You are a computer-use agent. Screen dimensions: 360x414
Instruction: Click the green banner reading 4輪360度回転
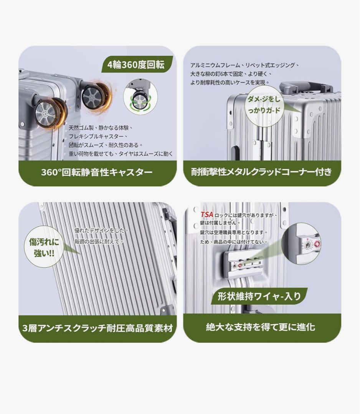pos(137,64)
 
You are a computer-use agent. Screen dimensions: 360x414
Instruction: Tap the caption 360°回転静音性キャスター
pos(97,172)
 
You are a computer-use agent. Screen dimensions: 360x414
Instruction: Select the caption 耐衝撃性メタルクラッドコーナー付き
pos(261,172)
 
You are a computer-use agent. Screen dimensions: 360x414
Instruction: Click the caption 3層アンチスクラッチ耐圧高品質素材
pos(97,328)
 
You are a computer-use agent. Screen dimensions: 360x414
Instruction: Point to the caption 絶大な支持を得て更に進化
pos(260,327)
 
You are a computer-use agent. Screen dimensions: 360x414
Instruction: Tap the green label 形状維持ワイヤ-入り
pos(259,296)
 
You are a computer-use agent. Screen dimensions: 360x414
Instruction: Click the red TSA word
pos(207,215)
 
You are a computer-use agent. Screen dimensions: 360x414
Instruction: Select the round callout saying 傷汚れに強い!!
pos(44,248)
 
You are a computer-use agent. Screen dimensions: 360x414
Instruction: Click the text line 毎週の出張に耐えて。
pos(99,242)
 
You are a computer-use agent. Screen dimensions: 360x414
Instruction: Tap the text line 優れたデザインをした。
pos(101,230)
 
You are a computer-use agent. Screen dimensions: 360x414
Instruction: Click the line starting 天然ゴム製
pos(101,128)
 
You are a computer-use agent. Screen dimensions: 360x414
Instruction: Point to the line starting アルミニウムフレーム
pos(244,65)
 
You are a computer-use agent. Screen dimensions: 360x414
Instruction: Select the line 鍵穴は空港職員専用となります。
pos(234,232)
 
